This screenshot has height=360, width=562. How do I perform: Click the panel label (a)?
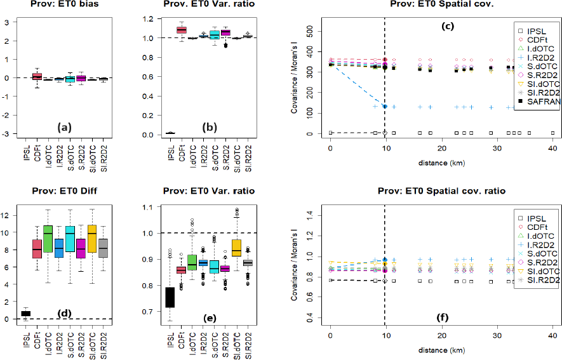(64, 126)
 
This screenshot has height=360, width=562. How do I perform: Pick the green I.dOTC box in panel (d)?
(48, 238)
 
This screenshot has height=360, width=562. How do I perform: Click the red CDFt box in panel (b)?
(182, 30)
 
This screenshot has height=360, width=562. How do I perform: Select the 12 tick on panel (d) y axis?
(6, 215)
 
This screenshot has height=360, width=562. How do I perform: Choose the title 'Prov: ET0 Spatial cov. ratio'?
(442, 191)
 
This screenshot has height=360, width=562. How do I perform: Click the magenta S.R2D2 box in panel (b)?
(225, 32)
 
